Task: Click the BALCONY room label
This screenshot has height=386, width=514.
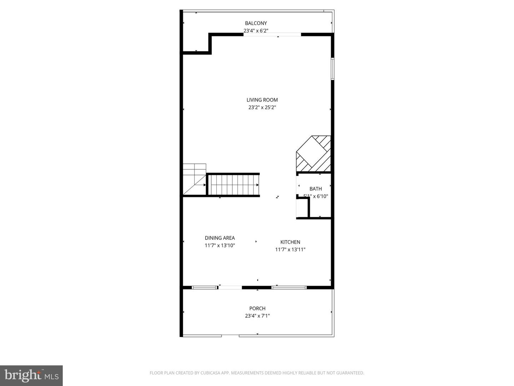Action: coord(256,23)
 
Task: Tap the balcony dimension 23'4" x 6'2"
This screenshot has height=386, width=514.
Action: coord(256,31)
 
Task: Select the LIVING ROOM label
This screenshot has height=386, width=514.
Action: coord(262,100)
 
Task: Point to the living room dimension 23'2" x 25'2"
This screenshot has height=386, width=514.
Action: coord(262,107)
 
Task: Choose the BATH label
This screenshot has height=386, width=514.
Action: coord(316,189)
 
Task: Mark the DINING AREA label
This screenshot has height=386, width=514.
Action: coord(220,238)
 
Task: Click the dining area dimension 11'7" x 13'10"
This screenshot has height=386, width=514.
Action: coord(220,246)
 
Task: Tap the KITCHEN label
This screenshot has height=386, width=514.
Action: coord(290,242)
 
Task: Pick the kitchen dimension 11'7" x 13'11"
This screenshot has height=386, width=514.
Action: coord(290,249)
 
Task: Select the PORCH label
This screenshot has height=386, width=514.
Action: coord(257,308)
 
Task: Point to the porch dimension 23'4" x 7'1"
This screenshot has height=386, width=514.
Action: coord(257,316)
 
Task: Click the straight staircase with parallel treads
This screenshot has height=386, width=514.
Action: coord(233,185)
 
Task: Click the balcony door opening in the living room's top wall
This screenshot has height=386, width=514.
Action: coord(272,35)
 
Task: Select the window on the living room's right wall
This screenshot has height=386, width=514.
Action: coord(332,69)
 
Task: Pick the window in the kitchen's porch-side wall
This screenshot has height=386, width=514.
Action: coord(289,287)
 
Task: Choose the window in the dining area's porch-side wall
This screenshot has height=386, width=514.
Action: coord(205,287)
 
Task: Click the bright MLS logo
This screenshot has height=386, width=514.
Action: coord(31,375)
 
